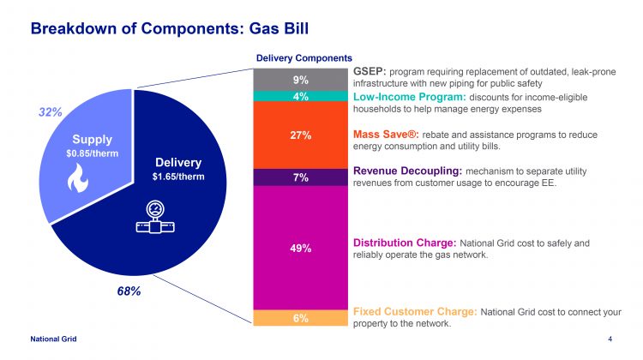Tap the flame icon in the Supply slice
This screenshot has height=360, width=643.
(91, 177)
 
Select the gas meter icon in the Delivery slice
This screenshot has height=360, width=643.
(155, 218)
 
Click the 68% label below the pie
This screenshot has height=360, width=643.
(129, 291)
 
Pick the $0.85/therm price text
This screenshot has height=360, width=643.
(91, 153)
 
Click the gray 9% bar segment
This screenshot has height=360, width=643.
(300, 80)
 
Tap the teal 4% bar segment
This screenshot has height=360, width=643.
(300, 97)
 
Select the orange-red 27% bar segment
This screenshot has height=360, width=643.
(300, 135)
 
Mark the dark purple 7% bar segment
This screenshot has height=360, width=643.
(300, 177)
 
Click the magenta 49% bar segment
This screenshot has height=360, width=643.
(300, 248)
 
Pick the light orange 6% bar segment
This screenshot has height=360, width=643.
(300, 318)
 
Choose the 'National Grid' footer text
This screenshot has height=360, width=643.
(53, 340)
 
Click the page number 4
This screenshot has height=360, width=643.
(610, 340)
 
